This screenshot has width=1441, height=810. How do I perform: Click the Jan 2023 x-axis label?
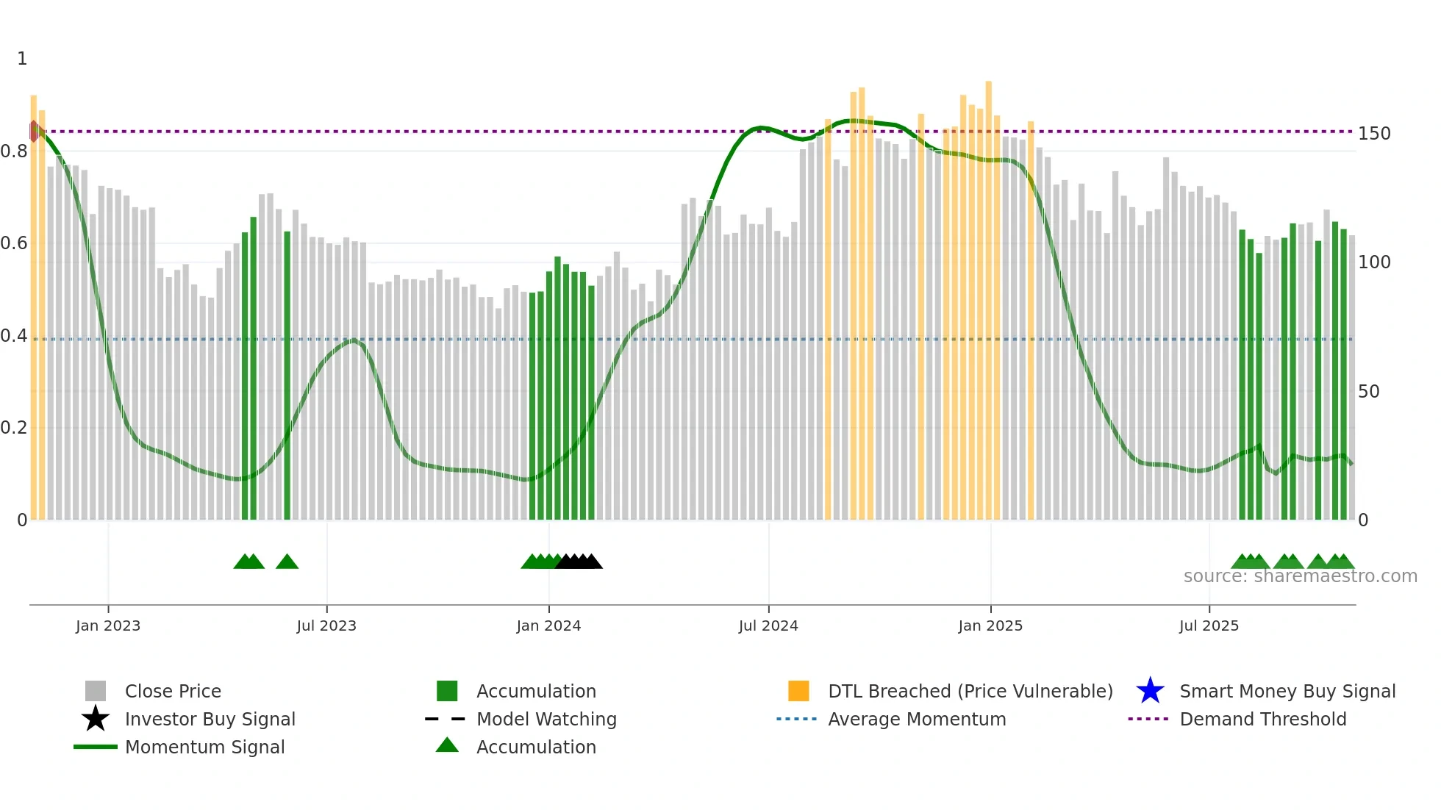tap(107, 626)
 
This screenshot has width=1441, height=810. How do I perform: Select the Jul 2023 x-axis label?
tap(326, 626)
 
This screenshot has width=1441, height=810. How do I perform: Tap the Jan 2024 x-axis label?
tap(548, 626)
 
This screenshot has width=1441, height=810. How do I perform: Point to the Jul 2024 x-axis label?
tap(768, 626)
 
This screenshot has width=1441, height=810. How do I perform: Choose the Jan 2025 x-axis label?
tap(990, 626)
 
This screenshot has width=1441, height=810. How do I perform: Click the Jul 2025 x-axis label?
tap(1209, 626)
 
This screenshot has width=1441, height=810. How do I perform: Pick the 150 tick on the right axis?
tap(1374, 134)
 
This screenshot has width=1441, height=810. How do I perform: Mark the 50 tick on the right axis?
tap(1368, 392)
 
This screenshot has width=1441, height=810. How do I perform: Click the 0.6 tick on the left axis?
tap(14, 243)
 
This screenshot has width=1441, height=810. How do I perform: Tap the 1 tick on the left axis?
tap(22, 59)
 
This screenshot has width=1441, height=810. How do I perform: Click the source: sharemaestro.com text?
tap(1300, 576)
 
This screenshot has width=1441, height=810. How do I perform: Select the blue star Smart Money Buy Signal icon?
tap(1150, 691)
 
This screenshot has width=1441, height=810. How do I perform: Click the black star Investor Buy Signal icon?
tap(96, 719)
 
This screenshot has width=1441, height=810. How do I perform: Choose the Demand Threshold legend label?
tap(1262, 719)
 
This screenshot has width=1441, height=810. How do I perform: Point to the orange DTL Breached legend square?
tap(798, 691)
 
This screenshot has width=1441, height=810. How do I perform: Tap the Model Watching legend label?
tap(546, 719)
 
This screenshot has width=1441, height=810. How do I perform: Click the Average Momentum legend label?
tap(917, 719)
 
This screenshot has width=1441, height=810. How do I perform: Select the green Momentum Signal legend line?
tap(96, 747)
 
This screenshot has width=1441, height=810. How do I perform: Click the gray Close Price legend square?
tap(96, 691)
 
